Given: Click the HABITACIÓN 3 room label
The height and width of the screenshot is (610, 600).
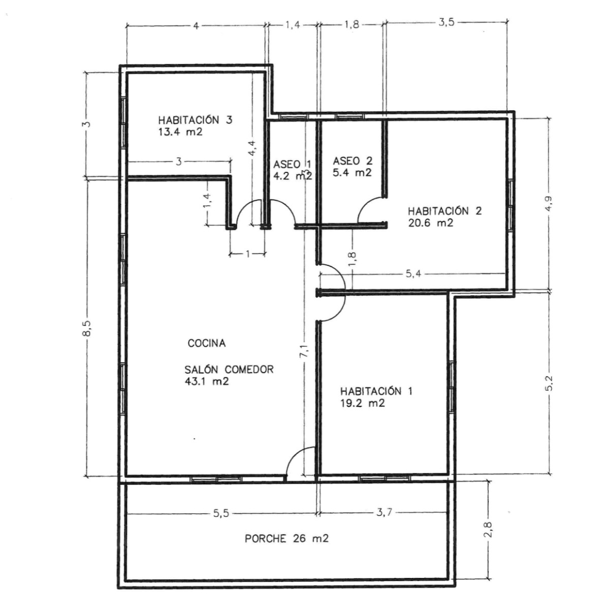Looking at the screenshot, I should (195, 120).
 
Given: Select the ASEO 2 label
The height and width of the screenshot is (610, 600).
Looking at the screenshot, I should (353, 161).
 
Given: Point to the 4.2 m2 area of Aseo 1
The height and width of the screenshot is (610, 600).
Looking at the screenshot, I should (292, 176).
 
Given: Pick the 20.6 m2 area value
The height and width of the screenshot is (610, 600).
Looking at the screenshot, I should (430, 223).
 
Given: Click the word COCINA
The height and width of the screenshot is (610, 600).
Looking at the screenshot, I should (207, 344).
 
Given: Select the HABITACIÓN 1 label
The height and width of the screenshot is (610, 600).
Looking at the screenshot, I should (376, 391).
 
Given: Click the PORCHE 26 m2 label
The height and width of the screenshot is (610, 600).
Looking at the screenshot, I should (287, 538).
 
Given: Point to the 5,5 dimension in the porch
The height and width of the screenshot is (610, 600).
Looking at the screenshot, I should (222, 513).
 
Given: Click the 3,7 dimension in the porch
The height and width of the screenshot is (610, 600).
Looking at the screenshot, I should (384, 513).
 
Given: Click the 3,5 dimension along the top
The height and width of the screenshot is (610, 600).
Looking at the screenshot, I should (446, 23).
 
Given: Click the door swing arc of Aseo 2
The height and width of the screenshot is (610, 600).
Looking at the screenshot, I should (369, 208).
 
